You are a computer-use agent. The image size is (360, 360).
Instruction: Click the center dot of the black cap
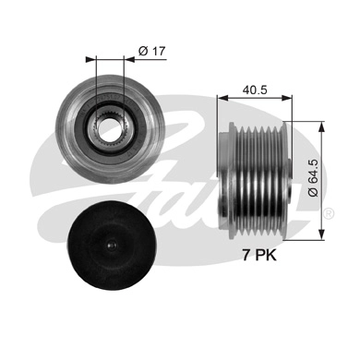point(108,247)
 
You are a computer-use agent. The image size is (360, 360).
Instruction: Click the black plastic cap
point(108,247)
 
